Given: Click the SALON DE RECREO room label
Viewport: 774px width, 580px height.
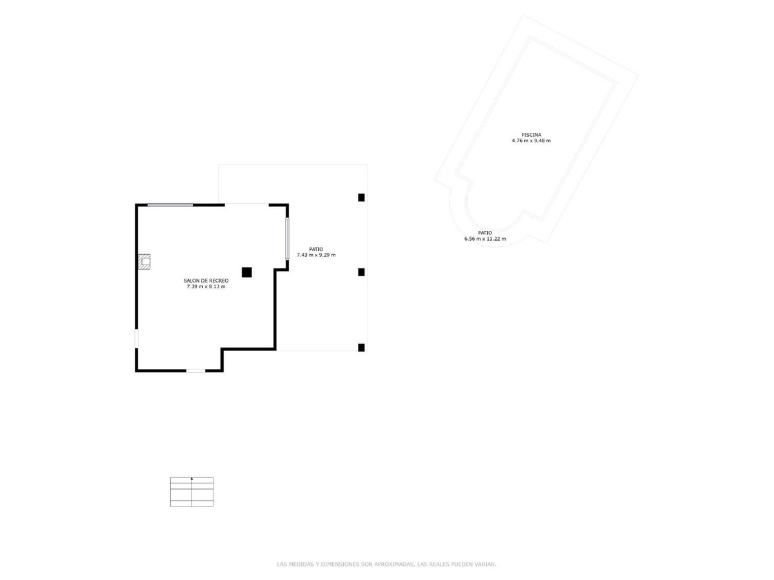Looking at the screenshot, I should (x=206, y=280).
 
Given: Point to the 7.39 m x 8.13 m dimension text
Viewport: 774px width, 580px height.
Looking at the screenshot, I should (x=206, y=286).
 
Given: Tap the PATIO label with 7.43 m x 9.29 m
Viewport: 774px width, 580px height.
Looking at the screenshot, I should (x=316, y=249).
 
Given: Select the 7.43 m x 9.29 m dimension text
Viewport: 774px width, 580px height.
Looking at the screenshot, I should (x=316, y=255).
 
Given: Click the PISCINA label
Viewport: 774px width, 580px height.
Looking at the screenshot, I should (x=531, y=134).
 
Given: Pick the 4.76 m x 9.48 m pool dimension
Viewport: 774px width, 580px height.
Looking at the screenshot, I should (x=531, y=141).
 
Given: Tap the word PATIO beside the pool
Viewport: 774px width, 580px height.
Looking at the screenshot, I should (x=485, y=232).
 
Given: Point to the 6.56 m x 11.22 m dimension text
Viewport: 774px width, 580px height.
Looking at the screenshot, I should (x=485, y=239).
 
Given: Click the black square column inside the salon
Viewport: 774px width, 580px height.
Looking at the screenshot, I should (x=246, y=272).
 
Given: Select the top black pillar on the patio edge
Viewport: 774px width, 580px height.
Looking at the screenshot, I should (x=361, y=197).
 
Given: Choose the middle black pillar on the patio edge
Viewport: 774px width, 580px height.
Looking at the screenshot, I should (x=361, y=272).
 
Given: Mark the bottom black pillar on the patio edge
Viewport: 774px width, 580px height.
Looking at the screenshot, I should (x=361, y=348).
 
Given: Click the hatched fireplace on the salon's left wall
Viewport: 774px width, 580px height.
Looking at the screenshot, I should (x=144, y=261).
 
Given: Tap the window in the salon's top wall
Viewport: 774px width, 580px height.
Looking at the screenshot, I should (x=170, y=205).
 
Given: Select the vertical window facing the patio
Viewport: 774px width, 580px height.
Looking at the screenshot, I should (x=287, y=239).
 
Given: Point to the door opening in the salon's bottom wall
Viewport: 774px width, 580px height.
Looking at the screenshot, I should (x=195, y=371).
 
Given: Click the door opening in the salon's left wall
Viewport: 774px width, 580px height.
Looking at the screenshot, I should (x=136, y=339).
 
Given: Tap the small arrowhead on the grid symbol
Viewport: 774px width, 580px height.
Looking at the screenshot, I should (x=192, y=479).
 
